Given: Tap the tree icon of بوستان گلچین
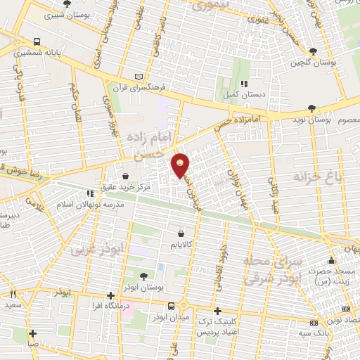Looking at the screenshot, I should [x=313, y=51].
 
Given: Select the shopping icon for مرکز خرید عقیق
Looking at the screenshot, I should [x=125, y=176].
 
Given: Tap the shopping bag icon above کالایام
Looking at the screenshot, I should [x=182, y=233].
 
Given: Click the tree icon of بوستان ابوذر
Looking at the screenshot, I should [x=145, y=276].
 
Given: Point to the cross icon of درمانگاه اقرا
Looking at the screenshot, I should [x=110, y=296].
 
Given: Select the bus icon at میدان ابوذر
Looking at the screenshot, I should [x=172, y=305].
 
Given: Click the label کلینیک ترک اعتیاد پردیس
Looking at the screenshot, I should [x=221, y=321].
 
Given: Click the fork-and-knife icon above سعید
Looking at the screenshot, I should [x=13, y=294].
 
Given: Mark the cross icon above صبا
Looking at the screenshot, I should [x=32, y=333].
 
